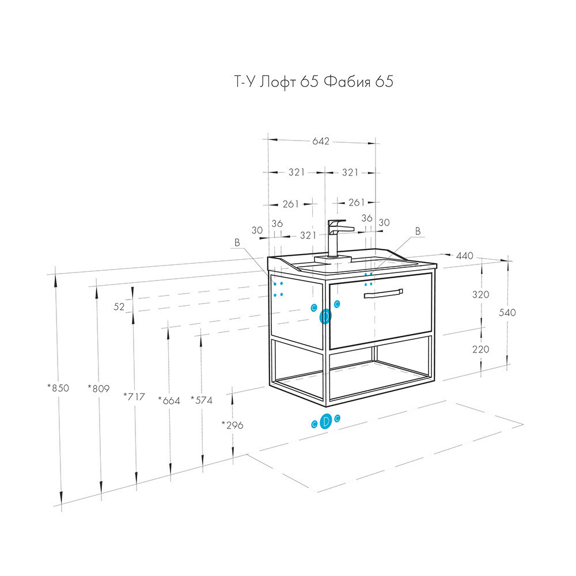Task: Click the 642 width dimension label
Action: point(321,142)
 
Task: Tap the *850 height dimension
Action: point(58,388)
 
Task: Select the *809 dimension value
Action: point(98,388)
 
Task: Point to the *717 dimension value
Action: point(134,397)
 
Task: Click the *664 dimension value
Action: point(169,400)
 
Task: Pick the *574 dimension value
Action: point(201,400)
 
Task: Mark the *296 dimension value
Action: point(232,426)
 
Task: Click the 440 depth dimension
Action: point(465,256)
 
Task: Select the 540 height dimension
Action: point(507,313)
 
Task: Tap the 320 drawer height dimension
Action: point(481,294)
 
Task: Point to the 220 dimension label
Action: point(481,349)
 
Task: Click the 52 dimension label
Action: point(119,307)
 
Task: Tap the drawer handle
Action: point(383,294)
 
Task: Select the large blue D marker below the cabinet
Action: point(326,422)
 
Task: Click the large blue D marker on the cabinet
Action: point(325,316)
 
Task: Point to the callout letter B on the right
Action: point(418,232)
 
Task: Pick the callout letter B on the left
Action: point(237,242)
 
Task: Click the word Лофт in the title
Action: point(278,82)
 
